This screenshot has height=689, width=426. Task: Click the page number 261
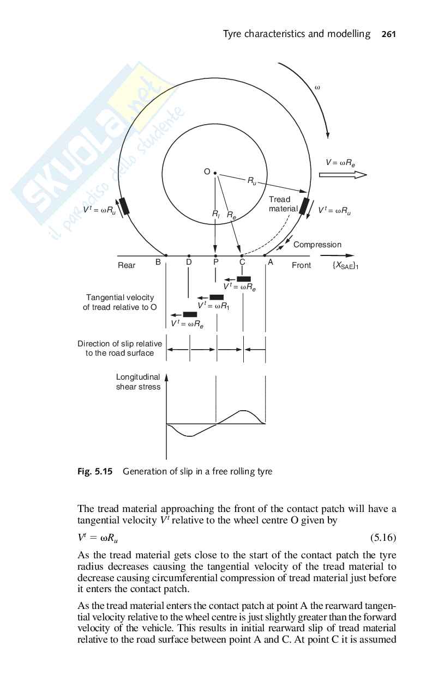(388, 34)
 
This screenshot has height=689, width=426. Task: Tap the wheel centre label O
(207, 172)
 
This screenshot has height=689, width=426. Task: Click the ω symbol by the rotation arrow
(317, 87)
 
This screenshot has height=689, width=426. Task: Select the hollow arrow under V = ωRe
(343, 175)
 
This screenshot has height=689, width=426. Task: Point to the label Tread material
(282, 204)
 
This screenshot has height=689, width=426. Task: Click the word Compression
(317, 245)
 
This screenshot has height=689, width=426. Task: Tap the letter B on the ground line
(158, 262)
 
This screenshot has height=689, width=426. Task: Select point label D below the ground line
(189, 263)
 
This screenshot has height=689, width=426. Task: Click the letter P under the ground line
(216, 263)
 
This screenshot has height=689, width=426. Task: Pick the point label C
(242, 263)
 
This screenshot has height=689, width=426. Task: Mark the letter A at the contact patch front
(269, 262)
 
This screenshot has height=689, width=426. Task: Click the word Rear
(127, 265)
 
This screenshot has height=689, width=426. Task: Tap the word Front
(301, 265)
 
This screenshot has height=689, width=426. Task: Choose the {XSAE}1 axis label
(345, 266)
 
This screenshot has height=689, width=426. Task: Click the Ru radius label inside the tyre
(252, 181)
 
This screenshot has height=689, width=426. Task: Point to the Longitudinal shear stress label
(138, 382)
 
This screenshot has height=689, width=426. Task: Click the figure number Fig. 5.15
(95, 472)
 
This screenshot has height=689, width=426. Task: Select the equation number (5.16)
(383, 538)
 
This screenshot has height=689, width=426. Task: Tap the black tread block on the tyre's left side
(125, 206)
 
